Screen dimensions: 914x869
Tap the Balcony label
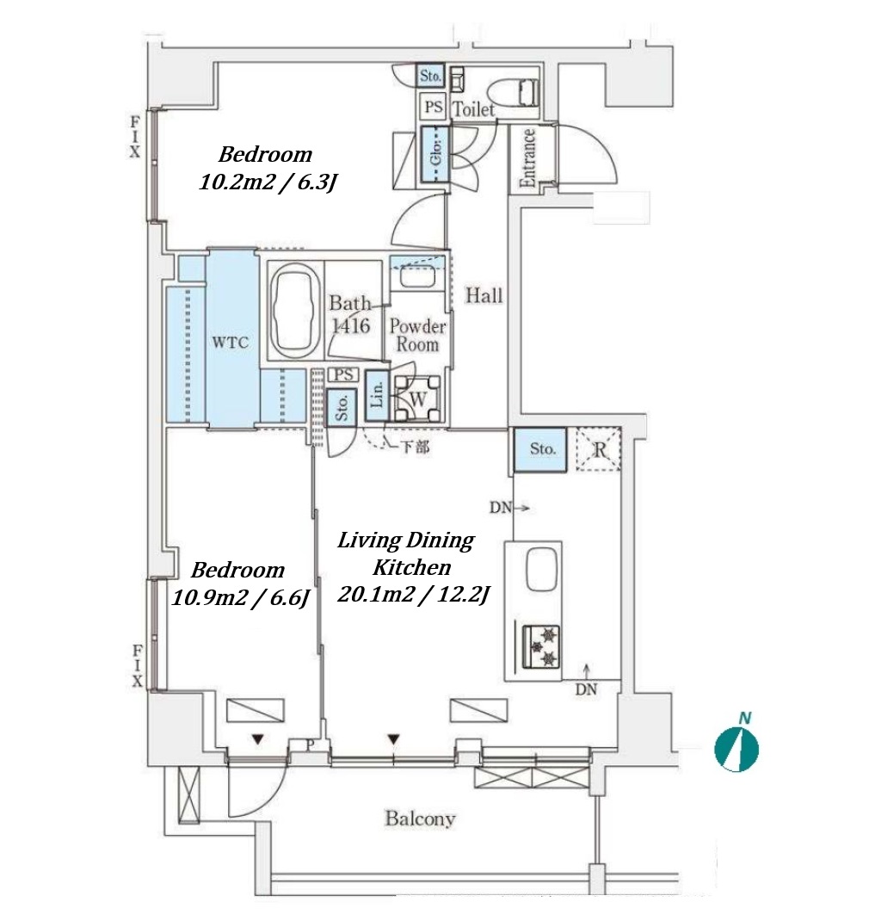(x=419, y=818)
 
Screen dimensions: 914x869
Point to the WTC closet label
(x=231, y=343)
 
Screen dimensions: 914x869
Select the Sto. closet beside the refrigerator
(x=541, y=449)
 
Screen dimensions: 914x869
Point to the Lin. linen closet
(x=376, y=395)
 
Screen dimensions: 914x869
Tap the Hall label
(x=484, y=296)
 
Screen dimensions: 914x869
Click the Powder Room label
(x=418, y=336)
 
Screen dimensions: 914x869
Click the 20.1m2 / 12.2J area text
(x=413, y=595)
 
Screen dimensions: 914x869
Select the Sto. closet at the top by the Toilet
(x=430, y=77)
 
